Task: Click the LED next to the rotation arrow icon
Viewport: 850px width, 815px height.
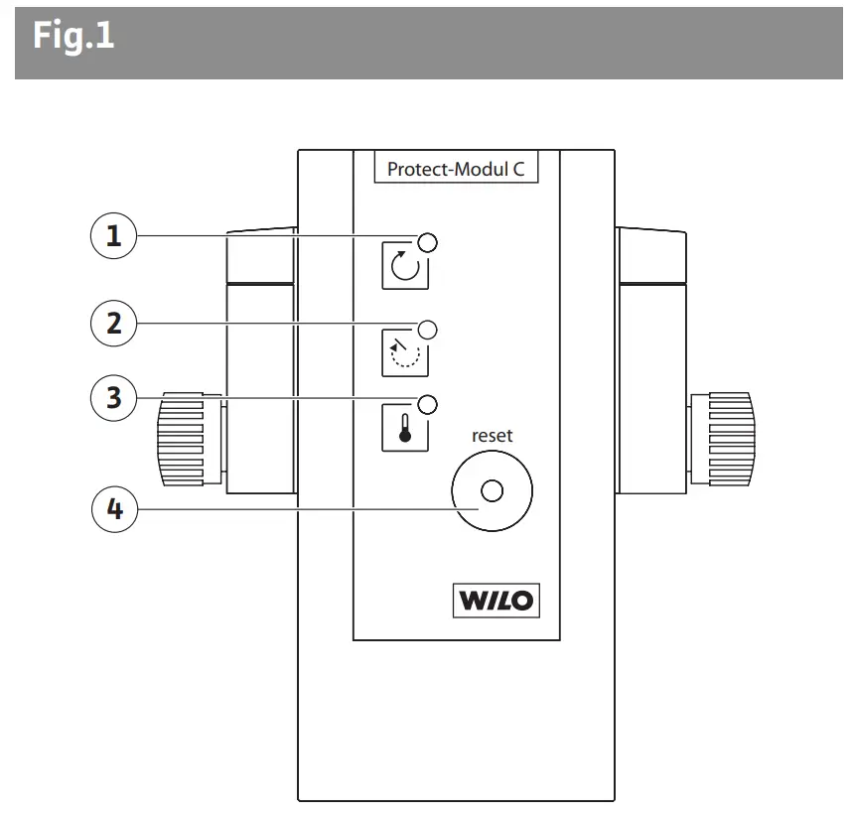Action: [x=429, y=242]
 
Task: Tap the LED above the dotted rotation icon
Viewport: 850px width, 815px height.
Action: [x=429, y=329]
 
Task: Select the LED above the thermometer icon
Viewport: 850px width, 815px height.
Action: [x=429, y=403]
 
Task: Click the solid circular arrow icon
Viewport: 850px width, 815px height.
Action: [x=405, y=267]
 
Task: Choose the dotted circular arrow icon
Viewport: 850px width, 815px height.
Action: [x=405, y=351]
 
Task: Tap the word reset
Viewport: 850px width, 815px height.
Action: [x=492, y=435]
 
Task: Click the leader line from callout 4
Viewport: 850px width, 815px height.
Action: [x=298, y=511]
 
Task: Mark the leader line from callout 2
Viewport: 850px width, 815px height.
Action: [x=278, y=323]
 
